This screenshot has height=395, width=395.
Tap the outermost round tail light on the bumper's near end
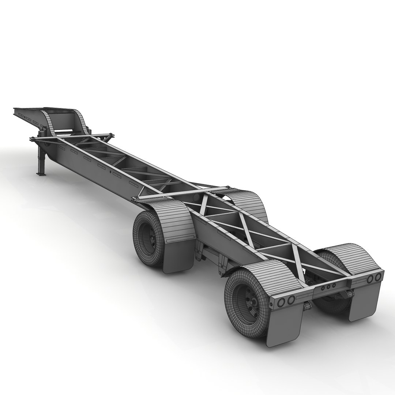[x=281, y=302]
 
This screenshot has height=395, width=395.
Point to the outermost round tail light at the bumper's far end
[x=377, y=277]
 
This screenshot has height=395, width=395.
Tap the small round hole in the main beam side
[x=110, y=171]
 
